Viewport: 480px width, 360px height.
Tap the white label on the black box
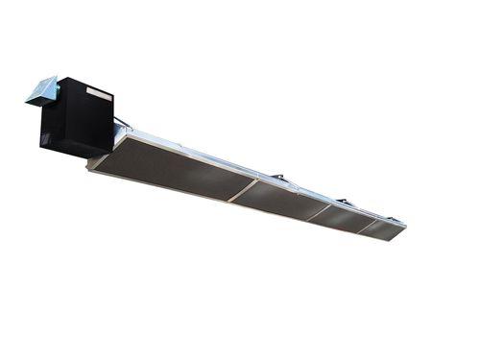tap(97, 91)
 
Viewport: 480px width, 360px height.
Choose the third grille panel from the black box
tap(342, 217)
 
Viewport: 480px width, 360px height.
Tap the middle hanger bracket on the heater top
tap(278, 177)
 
